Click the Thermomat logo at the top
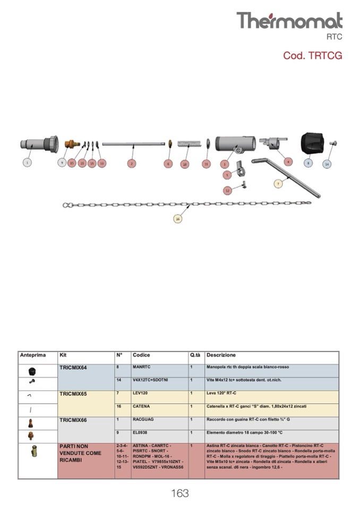289,21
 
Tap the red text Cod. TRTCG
312,56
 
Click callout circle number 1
27,163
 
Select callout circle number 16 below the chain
178,218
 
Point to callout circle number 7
278,184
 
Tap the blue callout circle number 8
308,163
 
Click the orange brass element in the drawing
70,143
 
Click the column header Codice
141,355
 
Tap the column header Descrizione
221,355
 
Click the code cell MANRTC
141,367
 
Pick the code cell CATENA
141,407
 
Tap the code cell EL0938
140,433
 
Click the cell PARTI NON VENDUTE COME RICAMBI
80,453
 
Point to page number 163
180,494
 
